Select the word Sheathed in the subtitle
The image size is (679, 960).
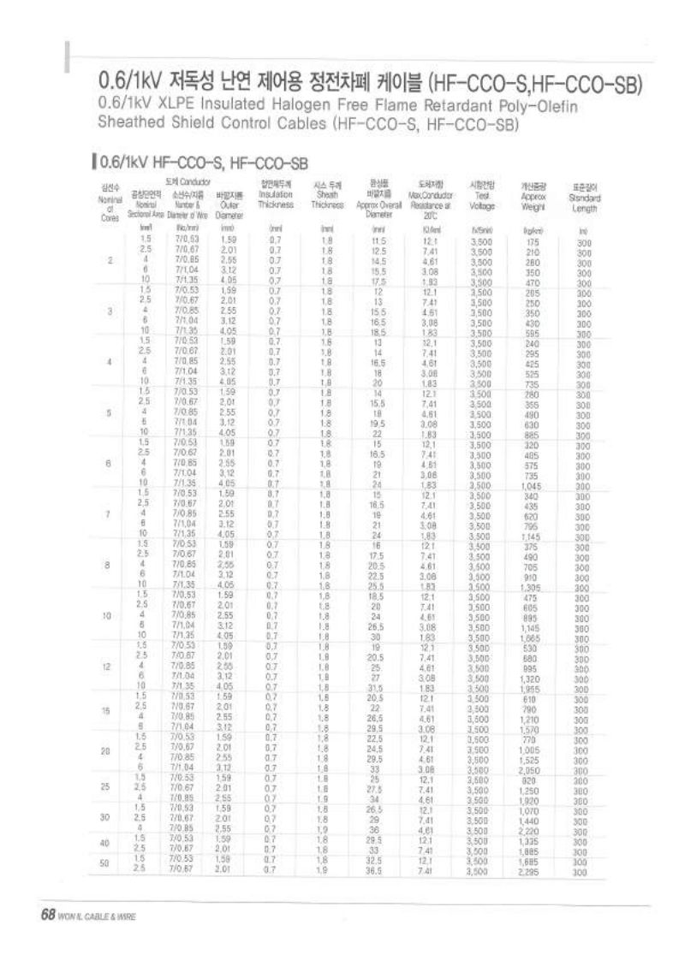(130, 123)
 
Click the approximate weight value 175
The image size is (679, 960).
(532, 242)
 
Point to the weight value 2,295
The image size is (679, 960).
(530, 870)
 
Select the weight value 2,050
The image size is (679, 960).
(530, 770)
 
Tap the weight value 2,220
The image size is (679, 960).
(530, 830)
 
